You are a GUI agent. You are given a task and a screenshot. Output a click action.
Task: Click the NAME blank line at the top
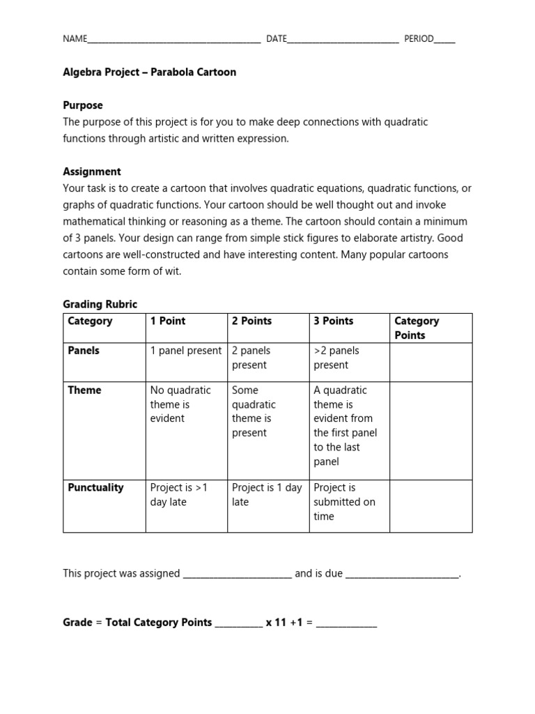click(x=173, y=40)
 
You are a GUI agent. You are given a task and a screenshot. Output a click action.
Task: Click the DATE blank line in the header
click(x=343, y=40)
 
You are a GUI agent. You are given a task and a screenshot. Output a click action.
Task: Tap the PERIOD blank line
click(x=444, y=40)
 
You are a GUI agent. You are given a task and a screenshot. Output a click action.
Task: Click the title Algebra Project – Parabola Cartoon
click(x=149, y=72)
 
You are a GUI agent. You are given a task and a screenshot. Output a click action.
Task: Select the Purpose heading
click(x=83, y=105)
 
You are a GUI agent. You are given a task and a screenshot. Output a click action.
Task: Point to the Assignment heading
click(x=92, y=172)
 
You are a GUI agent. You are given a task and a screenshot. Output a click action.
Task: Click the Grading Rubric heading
click(x=100, y=305)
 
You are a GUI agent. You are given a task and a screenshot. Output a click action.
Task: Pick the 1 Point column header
click(x=168, y=321)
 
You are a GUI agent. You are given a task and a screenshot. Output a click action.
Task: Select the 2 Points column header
click(x=251, y=321)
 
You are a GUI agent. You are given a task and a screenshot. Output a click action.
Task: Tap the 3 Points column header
click(x=333, y=321)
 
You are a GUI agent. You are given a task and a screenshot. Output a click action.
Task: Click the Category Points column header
click(x=417, y=328)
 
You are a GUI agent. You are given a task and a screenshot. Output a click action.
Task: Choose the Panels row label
click(x=84, y=351)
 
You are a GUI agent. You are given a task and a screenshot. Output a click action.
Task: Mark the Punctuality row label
click(x=95, y=488)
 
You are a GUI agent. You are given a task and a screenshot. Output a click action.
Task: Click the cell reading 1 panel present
click(x=186, y=351)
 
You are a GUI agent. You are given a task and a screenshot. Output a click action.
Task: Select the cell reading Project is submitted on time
click(x=344, y=502)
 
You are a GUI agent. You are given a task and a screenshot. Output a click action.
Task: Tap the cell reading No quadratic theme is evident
click(x=180, y=404)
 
